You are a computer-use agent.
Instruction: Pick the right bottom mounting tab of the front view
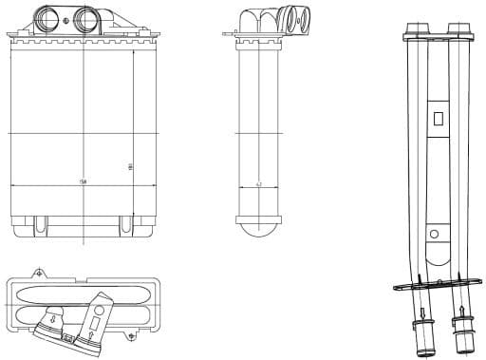click(124, 225)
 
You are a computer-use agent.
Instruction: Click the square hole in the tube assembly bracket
click(437, 120)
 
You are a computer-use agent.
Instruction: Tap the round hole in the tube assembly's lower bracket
click(434, 232)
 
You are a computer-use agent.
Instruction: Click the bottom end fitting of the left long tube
click(421, 338)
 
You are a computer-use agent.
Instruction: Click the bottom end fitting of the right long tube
click(462, 337)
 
